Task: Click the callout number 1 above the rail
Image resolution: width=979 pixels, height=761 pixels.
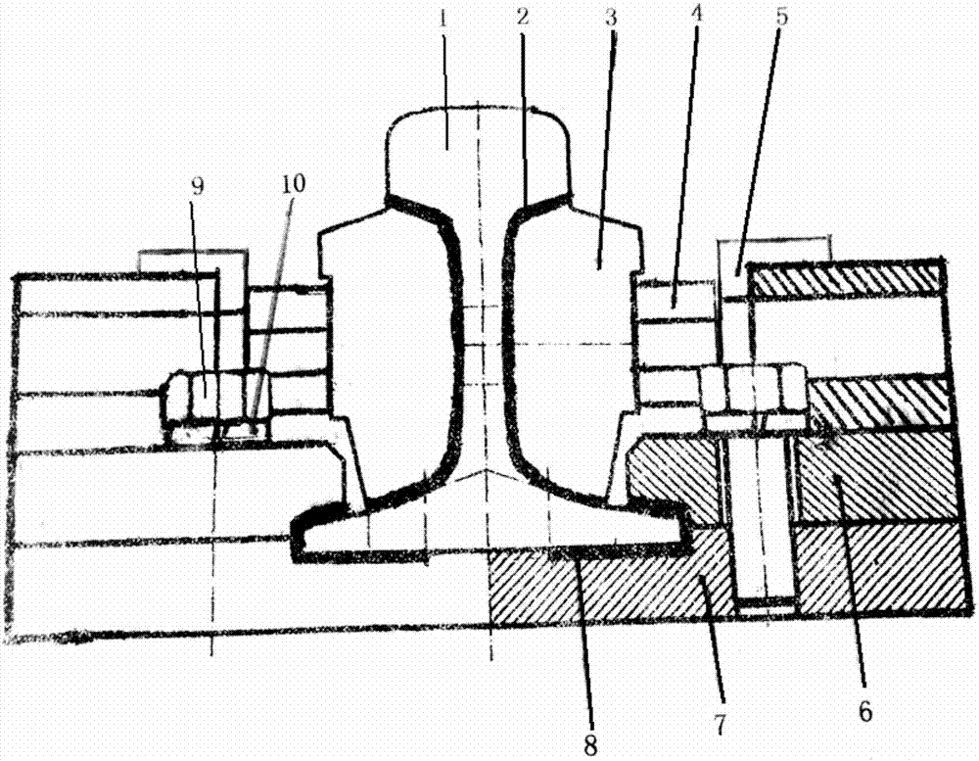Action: [443, 20]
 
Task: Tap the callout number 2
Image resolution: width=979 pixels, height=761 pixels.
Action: [523, 17]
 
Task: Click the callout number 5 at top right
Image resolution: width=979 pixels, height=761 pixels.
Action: [781, 16]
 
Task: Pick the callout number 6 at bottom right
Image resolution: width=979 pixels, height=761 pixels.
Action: [864, 710]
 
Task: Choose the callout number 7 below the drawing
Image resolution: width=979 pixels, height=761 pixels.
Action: [719, 724]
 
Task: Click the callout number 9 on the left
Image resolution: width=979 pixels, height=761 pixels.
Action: [199, 185]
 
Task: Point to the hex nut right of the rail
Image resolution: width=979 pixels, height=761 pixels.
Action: [752, 391]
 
